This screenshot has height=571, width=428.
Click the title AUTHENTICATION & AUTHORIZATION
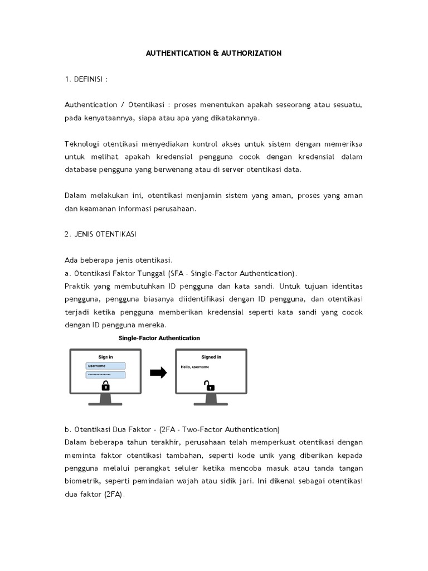pos(213,53)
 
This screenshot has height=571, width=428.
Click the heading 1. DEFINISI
pos(86,79)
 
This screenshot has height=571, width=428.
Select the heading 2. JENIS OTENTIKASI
pos(100,234)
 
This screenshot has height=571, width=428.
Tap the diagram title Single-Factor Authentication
pos(159,338)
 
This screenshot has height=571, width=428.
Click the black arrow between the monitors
pos(159,373)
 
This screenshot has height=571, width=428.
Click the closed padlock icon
pos(105,386)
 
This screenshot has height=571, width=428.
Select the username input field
pos(105,366)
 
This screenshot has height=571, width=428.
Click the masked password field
pos(105,375)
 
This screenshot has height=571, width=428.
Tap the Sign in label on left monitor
pos(105,357)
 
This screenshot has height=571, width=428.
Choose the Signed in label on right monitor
pos(211,357)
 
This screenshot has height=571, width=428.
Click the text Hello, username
pos(194,367)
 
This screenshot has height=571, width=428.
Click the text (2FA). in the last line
pos(114,493)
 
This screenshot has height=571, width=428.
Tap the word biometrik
pos(81,480)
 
